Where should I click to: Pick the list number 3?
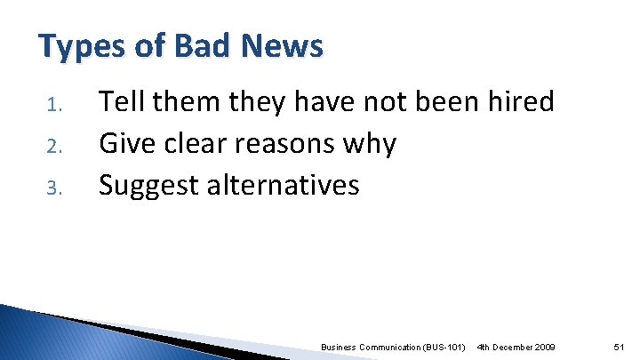(52, 188)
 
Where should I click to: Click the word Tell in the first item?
(122, 102)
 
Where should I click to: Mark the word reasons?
(288, 145)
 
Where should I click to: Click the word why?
(372, 145)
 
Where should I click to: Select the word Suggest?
(148, 186)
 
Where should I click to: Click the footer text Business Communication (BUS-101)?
(393, 345)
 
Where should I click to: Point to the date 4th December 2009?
(516, 345)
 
